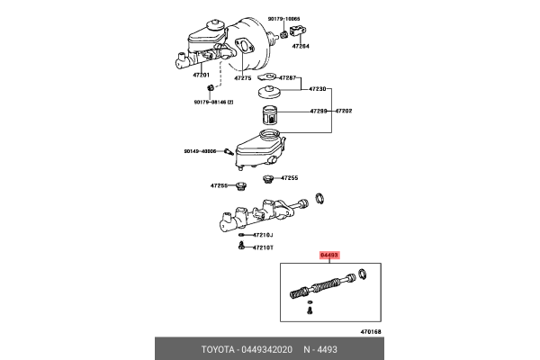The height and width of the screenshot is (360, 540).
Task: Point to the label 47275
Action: click(x=243, y=78)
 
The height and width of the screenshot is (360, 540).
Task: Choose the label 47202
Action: click(x=346, y=111)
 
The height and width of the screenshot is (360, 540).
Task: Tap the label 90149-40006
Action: click(x=202, y=151)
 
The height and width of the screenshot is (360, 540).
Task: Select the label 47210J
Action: click(x=263, y=235)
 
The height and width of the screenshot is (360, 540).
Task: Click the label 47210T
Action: click(x=263, y=247)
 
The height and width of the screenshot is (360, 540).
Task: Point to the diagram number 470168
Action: click(x=371, y=332)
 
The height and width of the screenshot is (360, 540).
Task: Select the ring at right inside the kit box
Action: click(x=362, y=274)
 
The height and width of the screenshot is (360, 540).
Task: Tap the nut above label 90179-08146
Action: click(x=210, y=87)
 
